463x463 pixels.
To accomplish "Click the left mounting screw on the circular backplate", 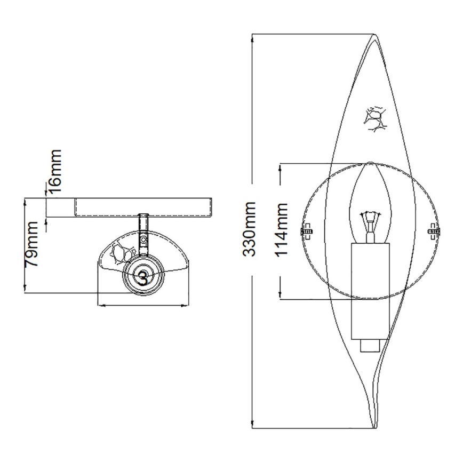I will tap(307, 231).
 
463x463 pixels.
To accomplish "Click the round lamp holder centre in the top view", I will tap(142, 275).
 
